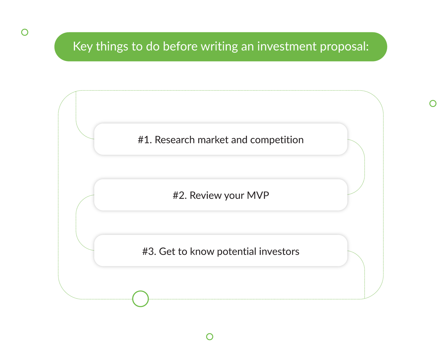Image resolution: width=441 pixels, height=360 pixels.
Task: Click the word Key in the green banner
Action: pos(83,46)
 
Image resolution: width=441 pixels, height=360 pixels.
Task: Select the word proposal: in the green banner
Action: pos(344,47)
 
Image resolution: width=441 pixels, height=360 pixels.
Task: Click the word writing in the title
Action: pos(219,47)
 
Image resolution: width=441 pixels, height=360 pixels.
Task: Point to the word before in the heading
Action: pos(180,46)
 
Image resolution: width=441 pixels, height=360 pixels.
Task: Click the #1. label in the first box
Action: pos(145,140)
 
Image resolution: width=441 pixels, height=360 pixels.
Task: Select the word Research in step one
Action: pos(175,140)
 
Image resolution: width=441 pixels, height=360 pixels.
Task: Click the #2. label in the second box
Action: pos(180,195)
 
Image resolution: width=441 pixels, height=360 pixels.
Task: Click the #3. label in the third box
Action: pos(149,251)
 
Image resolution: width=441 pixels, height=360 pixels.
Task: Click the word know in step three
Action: pos(202,251)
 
